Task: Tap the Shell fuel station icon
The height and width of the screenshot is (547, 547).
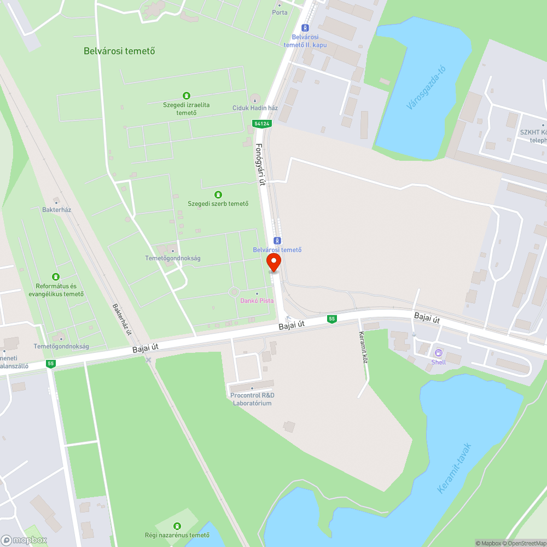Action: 438,353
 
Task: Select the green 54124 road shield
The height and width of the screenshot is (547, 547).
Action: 262,124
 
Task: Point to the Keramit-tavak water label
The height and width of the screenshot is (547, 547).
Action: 454,468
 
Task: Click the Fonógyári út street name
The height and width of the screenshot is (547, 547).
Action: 261,165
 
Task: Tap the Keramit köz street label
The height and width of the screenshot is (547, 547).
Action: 363,348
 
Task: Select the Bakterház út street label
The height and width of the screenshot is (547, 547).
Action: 122,319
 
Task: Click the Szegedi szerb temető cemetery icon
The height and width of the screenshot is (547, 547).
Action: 218,194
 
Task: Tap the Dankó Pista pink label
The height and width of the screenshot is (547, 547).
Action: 257,301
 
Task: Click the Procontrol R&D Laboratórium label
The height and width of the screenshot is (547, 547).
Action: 253,399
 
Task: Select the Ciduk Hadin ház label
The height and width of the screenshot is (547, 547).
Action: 255,108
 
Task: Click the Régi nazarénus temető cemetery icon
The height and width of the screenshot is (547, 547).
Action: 177,526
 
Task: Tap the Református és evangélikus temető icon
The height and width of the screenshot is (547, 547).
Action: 55,277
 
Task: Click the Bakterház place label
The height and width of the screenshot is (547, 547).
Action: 57,210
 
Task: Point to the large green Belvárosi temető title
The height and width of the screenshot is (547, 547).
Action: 119,51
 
